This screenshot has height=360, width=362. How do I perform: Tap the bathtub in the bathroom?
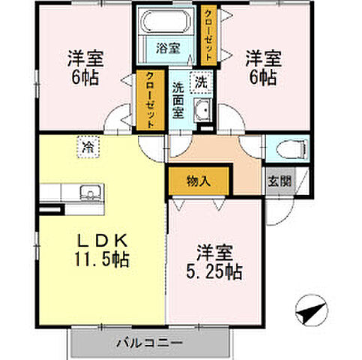click(167, 22)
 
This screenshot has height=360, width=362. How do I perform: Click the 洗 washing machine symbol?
click(201, 81)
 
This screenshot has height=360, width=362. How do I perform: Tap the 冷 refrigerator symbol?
click(88, 148)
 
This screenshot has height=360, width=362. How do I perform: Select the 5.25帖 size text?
click(214, 271)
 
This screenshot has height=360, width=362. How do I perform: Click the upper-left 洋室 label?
click(84, 58)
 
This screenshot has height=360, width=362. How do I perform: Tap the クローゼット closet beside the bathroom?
click(209, 34)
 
